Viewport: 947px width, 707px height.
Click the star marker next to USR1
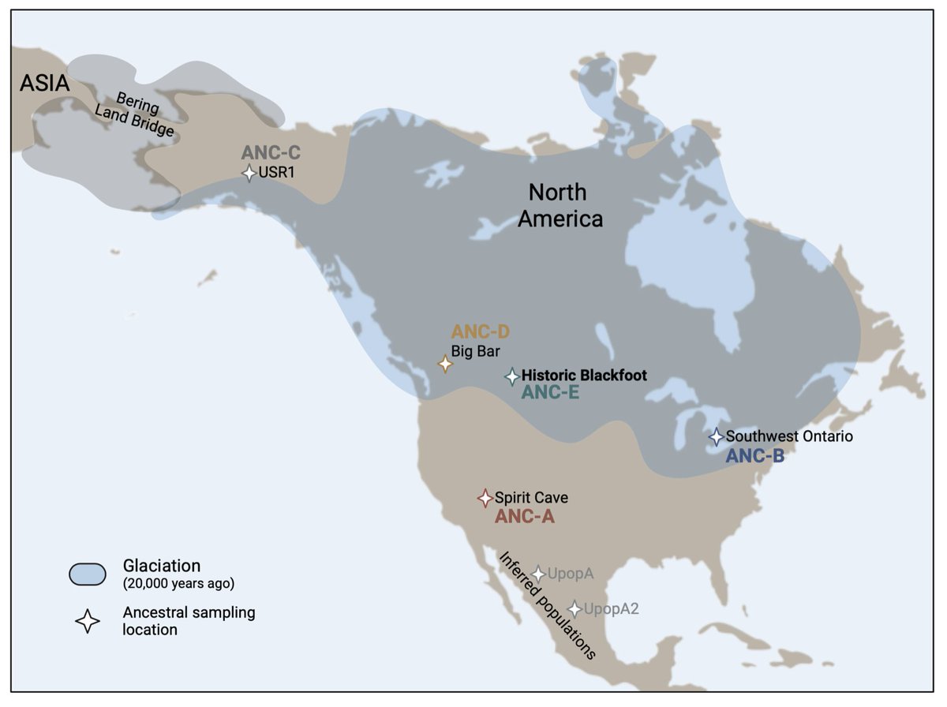pyautogui.click(x=249, y=173)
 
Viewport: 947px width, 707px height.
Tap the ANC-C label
pyautogui.click(x=271, y=153)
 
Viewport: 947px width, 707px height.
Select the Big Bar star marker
pyautogui.click(x=445, y=364)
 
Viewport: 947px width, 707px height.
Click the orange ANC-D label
pyautogui.click(x=481, y=332)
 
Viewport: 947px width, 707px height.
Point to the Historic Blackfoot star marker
pyautogui.click(x=512, y=376)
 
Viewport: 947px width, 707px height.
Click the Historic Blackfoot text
pyautogui.click(x=584, y=376)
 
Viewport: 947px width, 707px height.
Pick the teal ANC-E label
pyautogui.click(x=550, y=392)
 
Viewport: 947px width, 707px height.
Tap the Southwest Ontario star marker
pyautogui.click(x=716, y=436)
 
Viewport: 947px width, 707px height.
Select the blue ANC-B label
pyautogui.click(x=754, y=454)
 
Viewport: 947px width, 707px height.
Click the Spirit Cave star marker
pyautogui.click(x=485, y=498)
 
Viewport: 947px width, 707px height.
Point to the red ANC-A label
pyautogui.click(x=524, y=517)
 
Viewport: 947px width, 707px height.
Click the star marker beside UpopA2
pyautogui.click(x=575, y=608)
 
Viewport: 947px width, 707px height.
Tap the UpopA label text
pyautogui.click(x=571, y=574)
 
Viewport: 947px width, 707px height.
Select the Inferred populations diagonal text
pyautogui.click(x=547, y=604)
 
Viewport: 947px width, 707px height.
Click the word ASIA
pyautogui.click(x=45, y=83)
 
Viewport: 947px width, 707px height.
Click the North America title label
pyautogui.click(x=560, y=204)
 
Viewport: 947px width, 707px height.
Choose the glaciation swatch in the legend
pyautogui.click(x=88, y=574)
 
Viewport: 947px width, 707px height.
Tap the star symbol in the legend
pyautogui.click(x=88, y=622)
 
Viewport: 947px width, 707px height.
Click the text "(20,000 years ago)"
pyautogui.click(x=178, y=584)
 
